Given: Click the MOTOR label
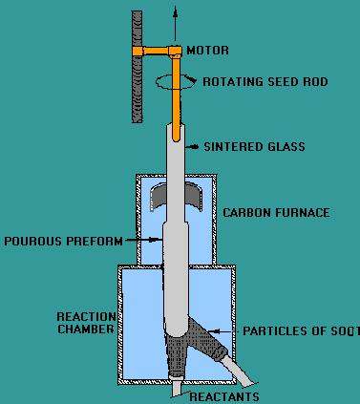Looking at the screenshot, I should pos(207,50).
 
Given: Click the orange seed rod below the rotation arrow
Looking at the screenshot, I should pos(177,110).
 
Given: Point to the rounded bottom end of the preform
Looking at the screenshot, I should pos(178,330).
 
